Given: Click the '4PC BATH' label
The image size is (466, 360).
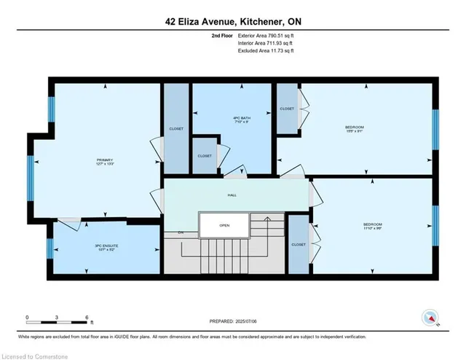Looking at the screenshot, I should (x=221, y=120).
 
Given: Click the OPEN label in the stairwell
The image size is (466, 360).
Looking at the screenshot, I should (x=224, y=225).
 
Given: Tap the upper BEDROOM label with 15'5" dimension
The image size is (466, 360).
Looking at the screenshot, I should (x=355, y=130).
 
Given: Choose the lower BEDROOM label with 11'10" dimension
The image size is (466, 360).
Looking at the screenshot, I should (x=373, y=226).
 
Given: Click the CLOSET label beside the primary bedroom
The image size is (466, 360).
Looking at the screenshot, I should (x=176, y=128).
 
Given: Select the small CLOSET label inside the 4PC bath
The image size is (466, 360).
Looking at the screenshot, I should (x=205, y=155).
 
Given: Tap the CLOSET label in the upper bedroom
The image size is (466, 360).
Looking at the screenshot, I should (x=287, y=109).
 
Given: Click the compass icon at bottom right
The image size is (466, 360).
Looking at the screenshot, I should (x=431, y=318).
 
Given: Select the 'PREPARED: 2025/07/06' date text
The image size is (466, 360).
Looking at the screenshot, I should (x=233, y=321).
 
